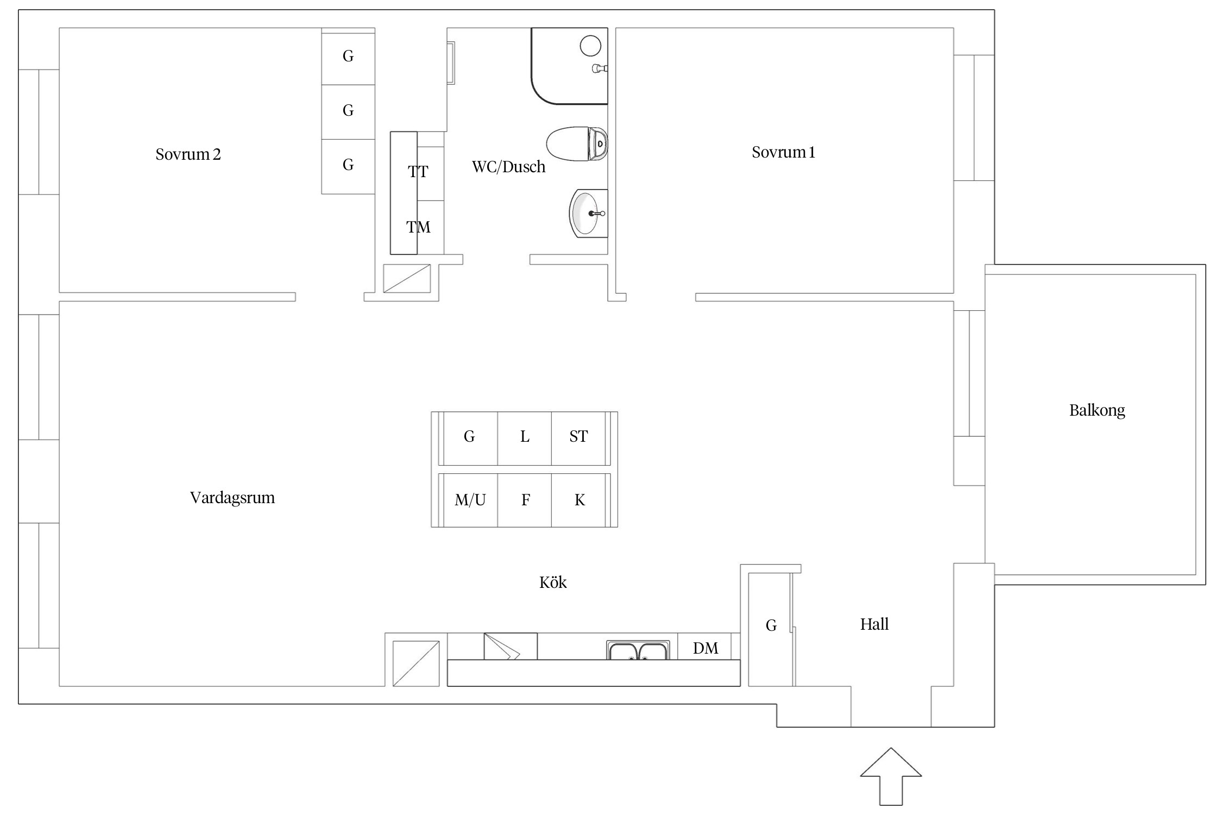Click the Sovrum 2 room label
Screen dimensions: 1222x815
(x=188, y=154)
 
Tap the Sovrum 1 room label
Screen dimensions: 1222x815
(x=783, y=152)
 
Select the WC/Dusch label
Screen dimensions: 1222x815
(x=508, y=167)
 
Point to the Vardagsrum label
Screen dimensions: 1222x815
(x=232, y=498)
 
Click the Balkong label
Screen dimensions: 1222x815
(x=1097, y=410)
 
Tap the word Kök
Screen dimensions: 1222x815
(x=553, y=582)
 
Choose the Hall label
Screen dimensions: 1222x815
(x=874, y=624)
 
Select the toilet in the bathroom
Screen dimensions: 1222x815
(x=577, y=144)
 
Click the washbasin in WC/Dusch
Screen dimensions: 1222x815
(x=588, y=214)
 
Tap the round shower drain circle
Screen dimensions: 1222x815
(x=590, y=46)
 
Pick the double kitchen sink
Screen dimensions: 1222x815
(x=638, y=650)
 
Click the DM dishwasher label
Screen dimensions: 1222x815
(x=706, y=648)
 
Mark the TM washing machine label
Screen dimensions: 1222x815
(x=418, y=227)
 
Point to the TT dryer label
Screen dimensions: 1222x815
(x=418, y=172)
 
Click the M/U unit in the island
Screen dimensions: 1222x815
(x=470, y=500)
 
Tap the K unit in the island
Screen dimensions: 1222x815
(x=579, y=500)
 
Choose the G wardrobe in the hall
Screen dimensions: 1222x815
(x=771, y=626)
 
